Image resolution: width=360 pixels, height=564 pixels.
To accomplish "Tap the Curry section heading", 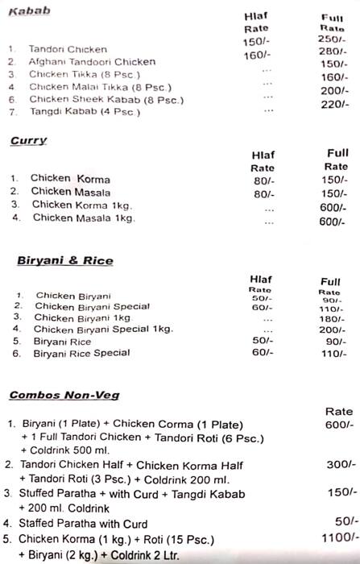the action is (28, 141).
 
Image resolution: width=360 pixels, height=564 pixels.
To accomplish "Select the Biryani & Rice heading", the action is (65, 260).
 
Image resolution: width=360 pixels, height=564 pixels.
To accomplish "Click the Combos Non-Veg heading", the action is (64, 395).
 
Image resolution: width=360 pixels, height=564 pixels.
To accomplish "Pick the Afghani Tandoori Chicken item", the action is (81, 61).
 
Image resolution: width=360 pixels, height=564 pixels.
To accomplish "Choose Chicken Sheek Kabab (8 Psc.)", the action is (106, 99).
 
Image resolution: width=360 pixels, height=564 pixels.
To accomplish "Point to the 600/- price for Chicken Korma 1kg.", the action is (332, 206).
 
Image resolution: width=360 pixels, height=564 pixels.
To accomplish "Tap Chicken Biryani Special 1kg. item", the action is (103, 329).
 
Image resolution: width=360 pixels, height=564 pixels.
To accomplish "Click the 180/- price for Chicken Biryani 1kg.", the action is (331, 319).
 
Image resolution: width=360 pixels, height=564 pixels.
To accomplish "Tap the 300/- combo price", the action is (337, 465).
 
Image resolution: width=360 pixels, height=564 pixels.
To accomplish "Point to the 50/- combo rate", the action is (341, 521).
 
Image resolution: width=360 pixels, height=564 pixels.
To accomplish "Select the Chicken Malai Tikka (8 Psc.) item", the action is (99, 86).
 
